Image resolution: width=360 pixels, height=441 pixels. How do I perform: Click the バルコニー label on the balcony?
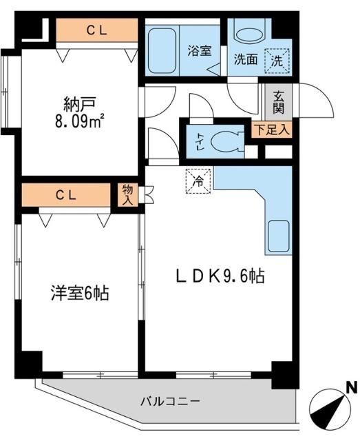(x=171, y=400)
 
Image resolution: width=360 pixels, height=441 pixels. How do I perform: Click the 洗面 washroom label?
(x=245, y=59)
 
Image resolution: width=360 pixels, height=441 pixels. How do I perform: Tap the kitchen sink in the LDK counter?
(x=277, y=236)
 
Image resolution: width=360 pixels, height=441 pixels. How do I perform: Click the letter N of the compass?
(x=351, y=388)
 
